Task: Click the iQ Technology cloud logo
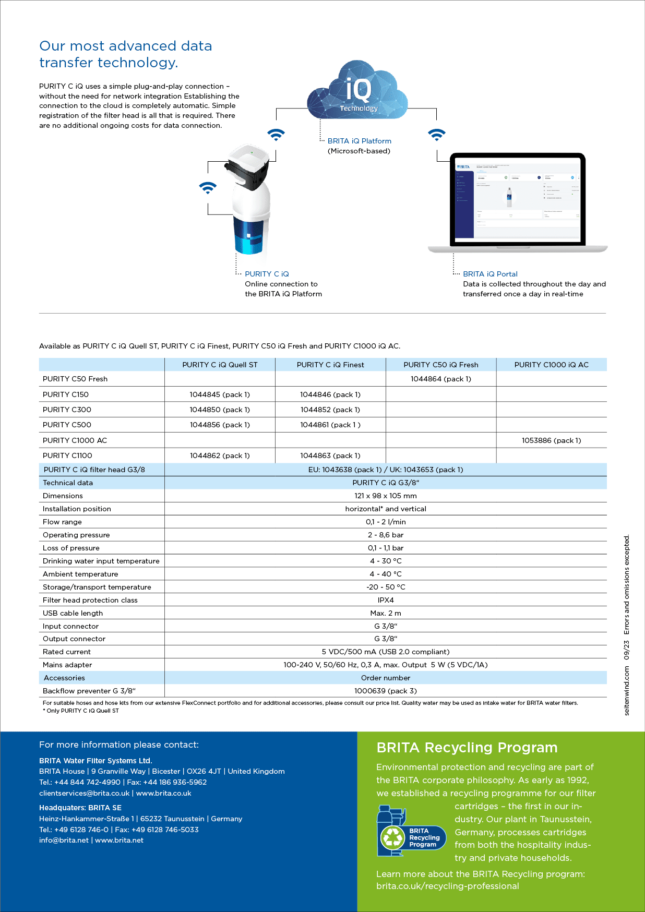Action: [x=358, y=91]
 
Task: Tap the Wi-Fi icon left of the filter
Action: [x=208, y=188]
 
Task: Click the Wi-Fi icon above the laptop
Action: [x=436, y=134]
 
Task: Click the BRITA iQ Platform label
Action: [x=359, y=141]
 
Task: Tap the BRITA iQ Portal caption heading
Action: [x=490, y=274]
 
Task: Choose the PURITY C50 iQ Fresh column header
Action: [x=441, y=365]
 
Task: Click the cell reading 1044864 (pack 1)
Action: [x=441, y=379]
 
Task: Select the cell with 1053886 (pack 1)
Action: [x=552, y=440]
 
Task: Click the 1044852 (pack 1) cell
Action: [x=330, y=410]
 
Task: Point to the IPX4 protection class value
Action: [x=386, y=600]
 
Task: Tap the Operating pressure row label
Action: [x=76, y=535]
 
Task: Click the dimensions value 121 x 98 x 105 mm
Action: [x=386, y=496]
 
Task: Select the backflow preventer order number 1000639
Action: [x=386, y=691]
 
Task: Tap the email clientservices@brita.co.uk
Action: [x=84, y=793]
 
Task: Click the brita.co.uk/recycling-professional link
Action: [x=448, y=886]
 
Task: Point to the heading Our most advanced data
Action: [x=126, y=46]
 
